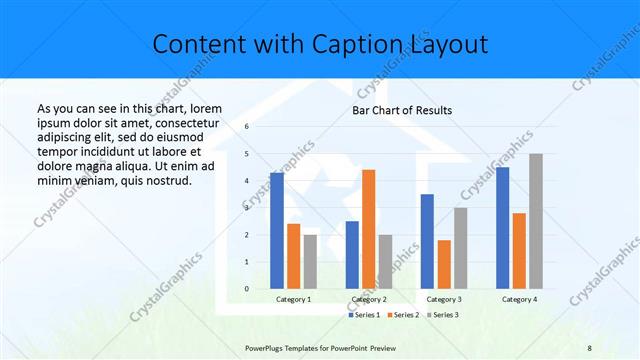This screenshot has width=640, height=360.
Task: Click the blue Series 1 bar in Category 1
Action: click(276, 231)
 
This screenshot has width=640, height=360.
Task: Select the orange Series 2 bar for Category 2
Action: click(368, 229)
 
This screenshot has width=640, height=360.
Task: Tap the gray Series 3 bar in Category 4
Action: click(536, 221)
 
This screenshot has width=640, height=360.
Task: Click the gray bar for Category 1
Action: click(310, 262)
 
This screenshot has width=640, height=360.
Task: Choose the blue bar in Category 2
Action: click(352, 255)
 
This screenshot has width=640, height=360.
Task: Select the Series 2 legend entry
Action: click(403, 315)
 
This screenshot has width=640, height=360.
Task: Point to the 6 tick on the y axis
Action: click(246, 127)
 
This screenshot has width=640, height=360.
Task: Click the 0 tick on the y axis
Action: click(246, 289)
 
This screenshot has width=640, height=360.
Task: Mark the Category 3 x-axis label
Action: click(444, 299)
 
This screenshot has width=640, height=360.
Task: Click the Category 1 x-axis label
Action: click(293, 299)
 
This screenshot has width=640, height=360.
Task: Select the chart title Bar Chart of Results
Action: click(402, 110)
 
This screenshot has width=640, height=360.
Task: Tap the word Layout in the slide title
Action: click(449, 44)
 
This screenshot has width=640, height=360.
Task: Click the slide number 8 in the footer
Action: click(590, 347)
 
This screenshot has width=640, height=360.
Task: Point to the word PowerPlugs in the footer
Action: click(267, 347)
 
